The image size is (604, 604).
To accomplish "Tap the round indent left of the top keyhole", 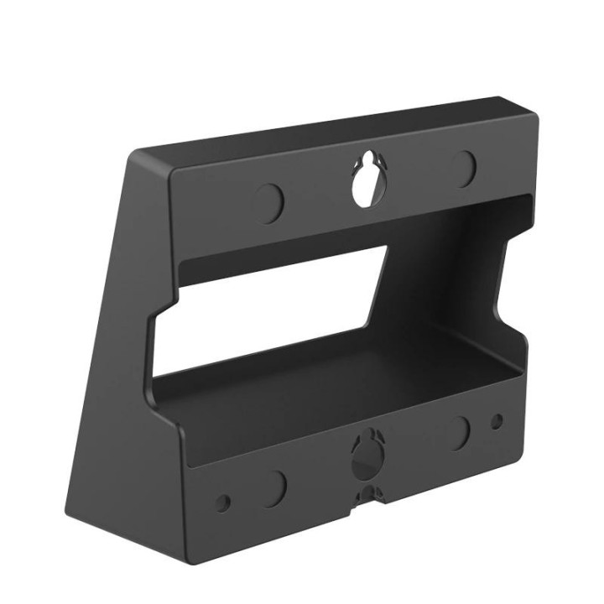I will click(269, 201).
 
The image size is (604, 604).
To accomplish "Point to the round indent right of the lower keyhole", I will click(459, 432).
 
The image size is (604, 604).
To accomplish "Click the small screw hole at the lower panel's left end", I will click(222, 503).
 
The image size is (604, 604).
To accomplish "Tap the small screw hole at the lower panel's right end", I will click(497, 421).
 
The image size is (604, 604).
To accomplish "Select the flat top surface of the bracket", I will click(336, 134).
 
